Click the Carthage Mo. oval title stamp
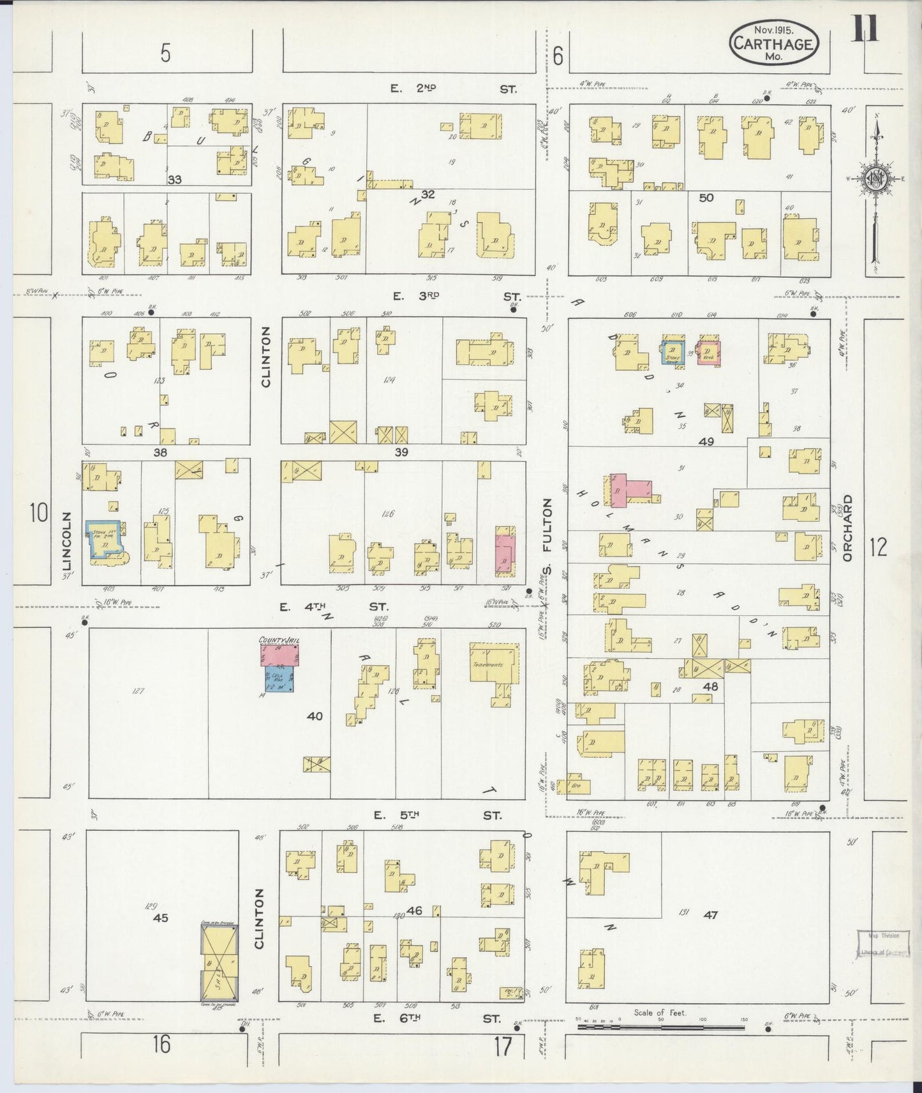coord(773,43)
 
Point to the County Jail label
coord(279,640)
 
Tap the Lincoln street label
coord(68,540)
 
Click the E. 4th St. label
coord(334,608)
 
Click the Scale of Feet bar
coord(660,1027)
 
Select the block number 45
coord(160,918)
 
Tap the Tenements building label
coord(488,664)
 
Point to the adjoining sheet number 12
coord(878,546)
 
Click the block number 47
coord(710,914)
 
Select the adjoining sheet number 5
coord(165,55)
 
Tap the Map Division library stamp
coord(882,944)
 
